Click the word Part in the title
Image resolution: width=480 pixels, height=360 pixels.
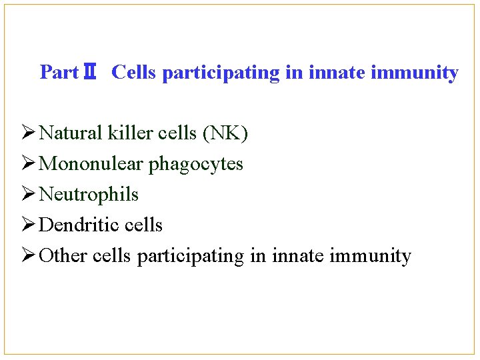tap(59, 72)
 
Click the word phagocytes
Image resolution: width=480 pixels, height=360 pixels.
tap(196, 165)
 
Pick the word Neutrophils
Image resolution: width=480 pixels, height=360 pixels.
tap(89, 195)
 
